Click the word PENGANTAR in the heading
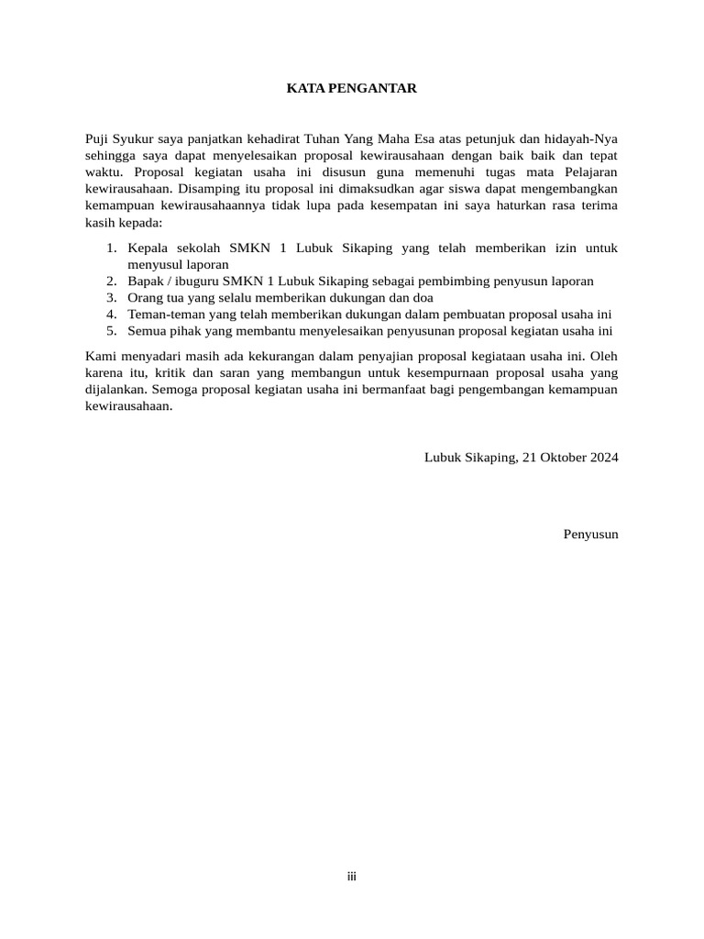click(x=378, y=89)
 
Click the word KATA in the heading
click(x=306, y=89)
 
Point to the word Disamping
click(x=220, y=189)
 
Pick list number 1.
click(x=112, y=248)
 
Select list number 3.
click(x=112, y=297)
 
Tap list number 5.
click(x=112, y=330)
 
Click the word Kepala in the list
click(x=149, y=248)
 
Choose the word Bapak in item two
click(x=147, y=281)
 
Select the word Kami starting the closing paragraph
click(x=100, y=356)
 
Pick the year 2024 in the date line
click(x=601, y=457)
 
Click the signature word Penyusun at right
click(x=590, y=534)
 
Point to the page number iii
click(x=351, y=878)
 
